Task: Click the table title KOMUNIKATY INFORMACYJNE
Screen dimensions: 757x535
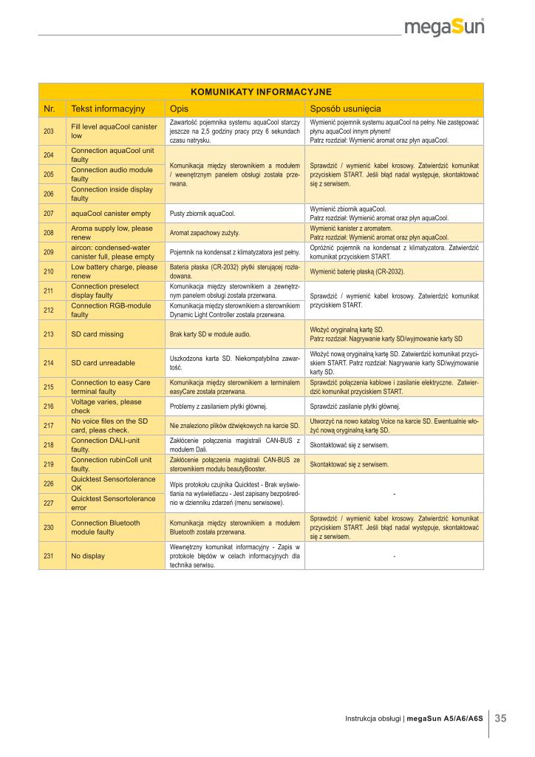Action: click(x=261, y=92)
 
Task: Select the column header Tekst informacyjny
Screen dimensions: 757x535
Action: click(x=108, y=109)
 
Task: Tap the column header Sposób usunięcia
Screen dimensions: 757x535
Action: click(x=346, y=109)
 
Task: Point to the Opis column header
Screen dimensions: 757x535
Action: click(x=179, y=109)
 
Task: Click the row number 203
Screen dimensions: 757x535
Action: click(x=50, y=131)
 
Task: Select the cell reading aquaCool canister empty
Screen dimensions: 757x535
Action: click(x=111, y=213)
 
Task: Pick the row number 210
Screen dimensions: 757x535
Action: click(x=50, y=271)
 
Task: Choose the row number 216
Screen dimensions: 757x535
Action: click(x=50, y=406)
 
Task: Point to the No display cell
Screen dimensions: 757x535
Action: click(x=87, y=556)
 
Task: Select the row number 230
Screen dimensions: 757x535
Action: click(x=50, y=527)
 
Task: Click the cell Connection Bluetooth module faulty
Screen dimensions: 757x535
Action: click(x=105, y=527)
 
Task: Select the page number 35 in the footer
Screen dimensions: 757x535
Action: click(x=500, y=718)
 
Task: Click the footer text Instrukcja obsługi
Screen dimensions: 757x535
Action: click(x=372, y=719)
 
